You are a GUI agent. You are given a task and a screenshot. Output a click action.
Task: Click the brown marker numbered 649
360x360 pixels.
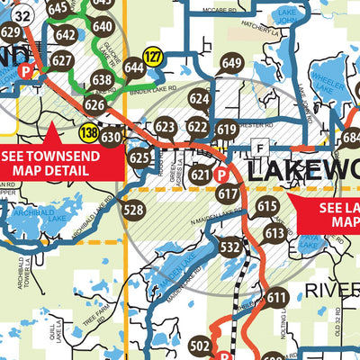click(x=231, y=64)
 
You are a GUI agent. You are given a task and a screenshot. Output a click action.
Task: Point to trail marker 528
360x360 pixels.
click(x=133, y=211)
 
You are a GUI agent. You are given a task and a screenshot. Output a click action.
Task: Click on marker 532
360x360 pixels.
click(x=230, y=246)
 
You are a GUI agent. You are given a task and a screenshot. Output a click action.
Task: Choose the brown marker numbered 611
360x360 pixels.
click(x=276, y=298)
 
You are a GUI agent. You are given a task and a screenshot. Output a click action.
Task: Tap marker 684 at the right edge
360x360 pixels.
click(x=351, y=138)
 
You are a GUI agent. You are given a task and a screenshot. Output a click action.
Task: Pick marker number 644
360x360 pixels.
click(x=134, y=67)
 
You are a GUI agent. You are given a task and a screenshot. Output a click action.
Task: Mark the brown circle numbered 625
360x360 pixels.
click(x=139, y=158)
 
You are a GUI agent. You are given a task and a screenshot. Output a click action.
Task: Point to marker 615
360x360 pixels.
click(x=267, y=207)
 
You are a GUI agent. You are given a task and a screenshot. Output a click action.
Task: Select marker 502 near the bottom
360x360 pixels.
click(x=201, y=346)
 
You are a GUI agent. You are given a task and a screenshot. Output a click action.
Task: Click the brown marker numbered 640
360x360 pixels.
click(x=103, y=27)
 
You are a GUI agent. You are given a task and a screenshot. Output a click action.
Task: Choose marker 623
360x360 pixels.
click(x=165, y=127)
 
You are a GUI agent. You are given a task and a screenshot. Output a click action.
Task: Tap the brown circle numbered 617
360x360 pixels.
click(x=228, y=194)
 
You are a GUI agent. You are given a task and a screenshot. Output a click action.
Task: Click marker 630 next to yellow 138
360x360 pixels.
click(x=111, y=138)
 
